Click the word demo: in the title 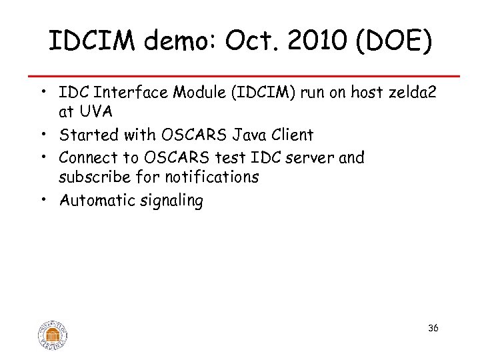pos(175,42)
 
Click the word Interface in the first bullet pos(127,93)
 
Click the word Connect pos(89,157)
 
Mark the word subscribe pos(92,177)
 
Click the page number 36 pos(433,329)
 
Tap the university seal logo pos(53,333)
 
